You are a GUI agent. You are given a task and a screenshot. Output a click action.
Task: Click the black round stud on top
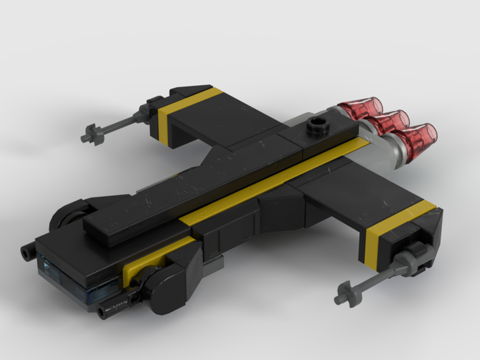coord(316,125)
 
